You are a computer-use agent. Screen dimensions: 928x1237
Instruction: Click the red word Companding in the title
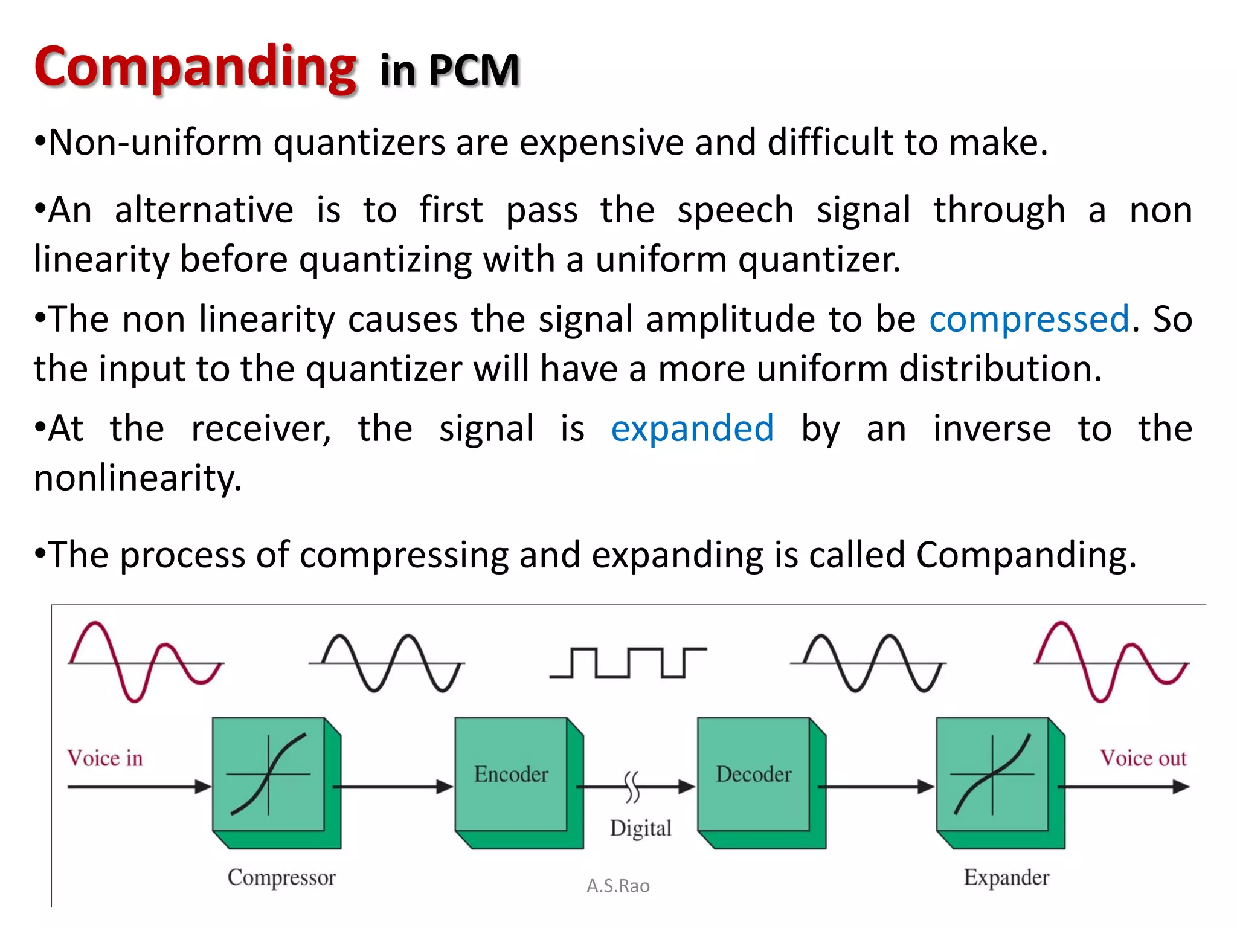click(194, 68)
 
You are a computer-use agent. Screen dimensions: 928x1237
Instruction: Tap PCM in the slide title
click(474, 71)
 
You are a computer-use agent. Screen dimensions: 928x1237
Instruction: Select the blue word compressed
click(1029, 319)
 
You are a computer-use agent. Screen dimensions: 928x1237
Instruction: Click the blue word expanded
click(692, 429)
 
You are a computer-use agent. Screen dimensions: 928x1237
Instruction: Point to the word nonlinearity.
click(138, 478)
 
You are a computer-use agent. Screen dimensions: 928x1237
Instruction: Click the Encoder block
click(511, 775)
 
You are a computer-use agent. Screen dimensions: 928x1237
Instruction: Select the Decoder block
click(753, 775)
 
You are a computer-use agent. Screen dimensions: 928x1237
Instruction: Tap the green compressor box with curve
click(269, 775)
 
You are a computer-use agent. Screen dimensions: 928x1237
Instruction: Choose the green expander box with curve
click(992, 775)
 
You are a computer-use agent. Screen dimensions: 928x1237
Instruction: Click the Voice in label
click(105, 758)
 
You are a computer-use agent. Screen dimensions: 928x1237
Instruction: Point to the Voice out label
click(1143, 758)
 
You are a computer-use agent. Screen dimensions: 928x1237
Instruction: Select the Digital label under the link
click(640, 828)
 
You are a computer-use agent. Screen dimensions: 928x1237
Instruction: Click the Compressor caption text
click(281, 877)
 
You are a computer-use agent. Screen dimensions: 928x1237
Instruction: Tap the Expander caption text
click(1006, 877)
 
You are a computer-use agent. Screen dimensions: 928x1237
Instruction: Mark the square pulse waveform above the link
click(628, 663)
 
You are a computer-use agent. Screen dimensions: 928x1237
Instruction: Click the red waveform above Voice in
click(145, 662)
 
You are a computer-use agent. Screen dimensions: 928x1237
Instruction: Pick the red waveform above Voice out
click(1111, 662)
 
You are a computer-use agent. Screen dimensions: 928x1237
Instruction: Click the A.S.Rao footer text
click(618, 886)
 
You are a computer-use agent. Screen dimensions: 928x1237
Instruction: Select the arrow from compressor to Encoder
click(393, 787)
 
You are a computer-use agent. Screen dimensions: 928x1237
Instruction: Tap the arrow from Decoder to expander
click(876, 787)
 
